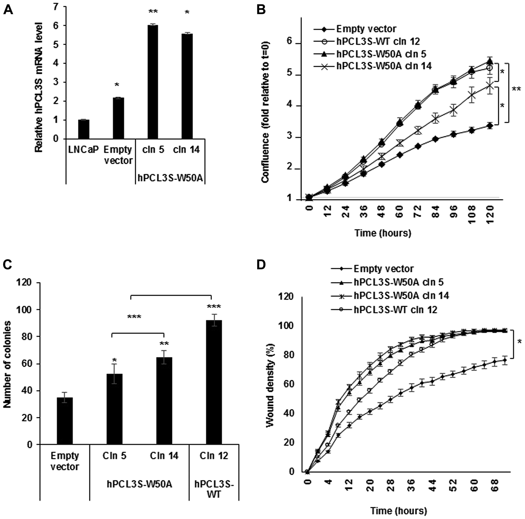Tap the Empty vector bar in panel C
coord(65,421)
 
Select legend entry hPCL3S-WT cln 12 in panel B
coord(378,41)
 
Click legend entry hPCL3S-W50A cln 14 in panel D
coord(401,295)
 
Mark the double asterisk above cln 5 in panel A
coord(153,11)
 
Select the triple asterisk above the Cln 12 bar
coord(214,307)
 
